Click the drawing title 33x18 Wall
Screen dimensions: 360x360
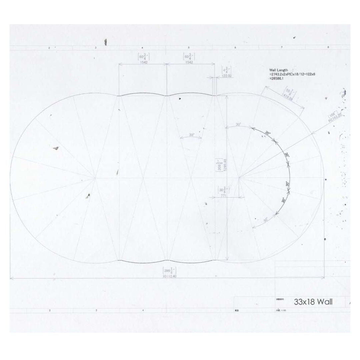click(313, 302)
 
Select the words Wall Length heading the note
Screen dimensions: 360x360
click(278, 70)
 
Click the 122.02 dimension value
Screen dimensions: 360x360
click(227, 76)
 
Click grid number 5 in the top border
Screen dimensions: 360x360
click(189, 48)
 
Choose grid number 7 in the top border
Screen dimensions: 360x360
click(282, 48)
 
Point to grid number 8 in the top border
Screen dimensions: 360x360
click(328, 48)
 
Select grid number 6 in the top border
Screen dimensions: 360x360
click(235, 48)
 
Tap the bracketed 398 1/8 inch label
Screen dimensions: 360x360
click(169, 270)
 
